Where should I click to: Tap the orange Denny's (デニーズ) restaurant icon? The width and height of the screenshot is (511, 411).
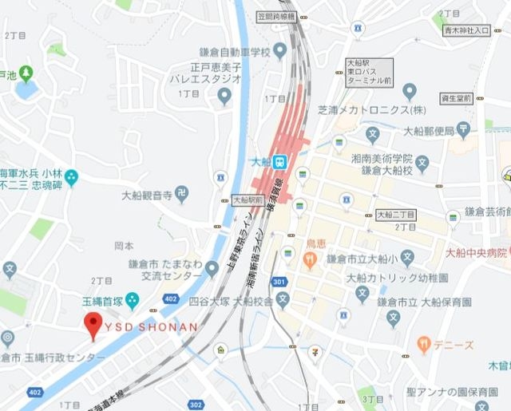[x=423, y=345]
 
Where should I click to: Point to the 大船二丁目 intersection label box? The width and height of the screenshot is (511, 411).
[x=395, y=215]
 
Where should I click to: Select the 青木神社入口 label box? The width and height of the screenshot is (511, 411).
[x=466, y=30]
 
